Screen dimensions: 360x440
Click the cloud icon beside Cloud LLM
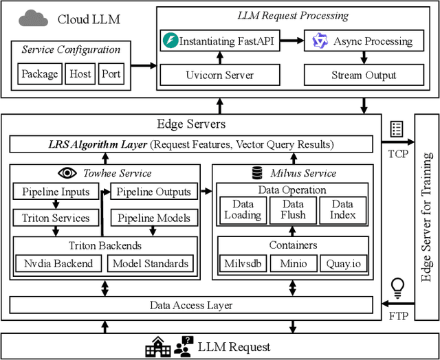click(32, 18)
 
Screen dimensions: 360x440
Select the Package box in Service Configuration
click(39, 74)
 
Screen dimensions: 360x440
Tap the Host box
click(80, 74)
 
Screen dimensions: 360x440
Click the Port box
click(111, 74)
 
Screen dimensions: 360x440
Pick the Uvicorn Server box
click(220, 74)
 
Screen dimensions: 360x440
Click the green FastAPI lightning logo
click(170, 41)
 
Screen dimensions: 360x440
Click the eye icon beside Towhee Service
click(68, 173)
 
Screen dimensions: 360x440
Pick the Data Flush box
click(294, 210)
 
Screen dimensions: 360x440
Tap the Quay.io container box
click(342, 263)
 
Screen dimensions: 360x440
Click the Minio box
click(294, 263)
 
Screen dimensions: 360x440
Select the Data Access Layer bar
click(190, 305)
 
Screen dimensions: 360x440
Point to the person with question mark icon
click(184, 346)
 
